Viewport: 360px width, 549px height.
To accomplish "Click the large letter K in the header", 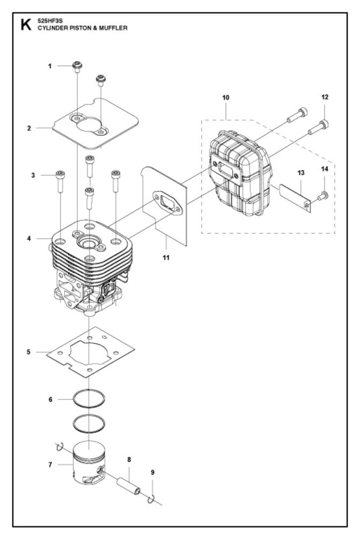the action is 26,25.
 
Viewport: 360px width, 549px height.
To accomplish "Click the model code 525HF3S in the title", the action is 50,21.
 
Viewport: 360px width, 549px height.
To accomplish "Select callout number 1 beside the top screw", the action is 50,66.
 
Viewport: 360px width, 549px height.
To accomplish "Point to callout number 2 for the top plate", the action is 29,128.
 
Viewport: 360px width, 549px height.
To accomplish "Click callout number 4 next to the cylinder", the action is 29,239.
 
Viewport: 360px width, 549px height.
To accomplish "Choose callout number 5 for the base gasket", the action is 29,352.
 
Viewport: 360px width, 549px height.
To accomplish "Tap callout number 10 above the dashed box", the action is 226,98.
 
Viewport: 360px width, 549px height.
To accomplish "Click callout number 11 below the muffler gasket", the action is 166,258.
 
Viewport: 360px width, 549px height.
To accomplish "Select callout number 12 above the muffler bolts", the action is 325,97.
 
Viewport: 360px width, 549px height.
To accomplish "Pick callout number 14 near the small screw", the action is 325,169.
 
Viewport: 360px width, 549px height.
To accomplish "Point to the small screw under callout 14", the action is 323,196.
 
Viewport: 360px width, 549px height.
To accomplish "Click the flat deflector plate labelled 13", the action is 295,198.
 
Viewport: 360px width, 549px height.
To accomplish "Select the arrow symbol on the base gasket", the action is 105,338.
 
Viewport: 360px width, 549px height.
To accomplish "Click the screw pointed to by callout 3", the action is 60,181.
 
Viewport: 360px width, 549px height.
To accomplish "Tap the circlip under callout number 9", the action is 151,499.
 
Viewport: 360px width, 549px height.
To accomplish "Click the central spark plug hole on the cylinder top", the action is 89,242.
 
